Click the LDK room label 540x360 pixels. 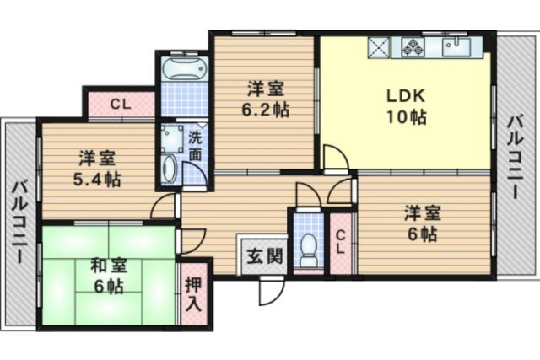point(406,95)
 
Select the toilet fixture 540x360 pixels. point(308,250)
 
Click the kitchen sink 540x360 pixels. point(456,48)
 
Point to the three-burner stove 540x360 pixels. point(413,47)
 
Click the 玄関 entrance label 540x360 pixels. point(265,256)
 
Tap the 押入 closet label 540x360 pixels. point(194,294)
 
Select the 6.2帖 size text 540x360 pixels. point(265,110)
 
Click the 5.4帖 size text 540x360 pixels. point(97,179)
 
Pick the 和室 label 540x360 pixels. point(109,266)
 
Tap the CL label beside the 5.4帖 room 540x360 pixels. point(121,104)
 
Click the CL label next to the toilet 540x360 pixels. point(340,242)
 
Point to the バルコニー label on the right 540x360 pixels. point(516,158)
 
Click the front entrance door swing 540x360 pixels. point(272,291)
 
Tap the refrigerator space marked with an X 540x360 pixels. point(379,47)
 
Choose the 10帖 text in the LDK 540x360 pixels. point(407,117)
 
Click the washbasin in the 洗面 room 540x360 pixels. point(169,169)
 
